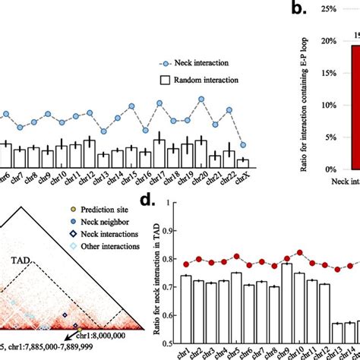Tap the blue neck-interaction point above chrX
(242, 145)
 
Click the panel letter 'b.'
(298, 10)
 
